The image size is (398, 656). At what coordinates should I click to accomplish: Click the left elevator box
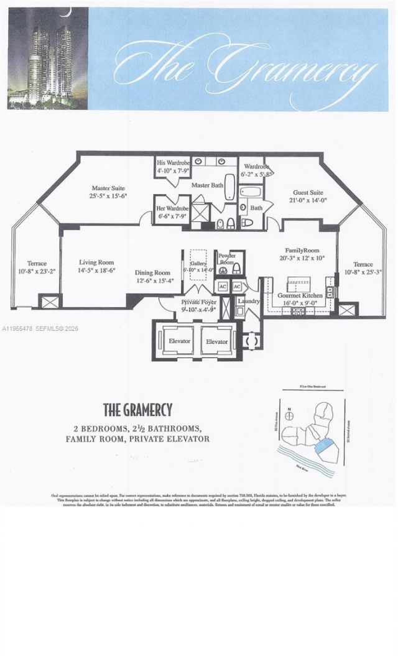[180, 341]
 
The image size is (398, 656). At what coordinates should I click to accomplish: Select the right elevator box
[217, 341]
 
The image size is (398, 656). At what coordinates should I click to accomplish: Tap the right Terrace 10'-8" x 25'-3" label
[364, 268]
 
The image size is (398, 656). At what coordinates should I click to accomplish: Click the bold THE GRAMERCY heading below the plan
[137, 410]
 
